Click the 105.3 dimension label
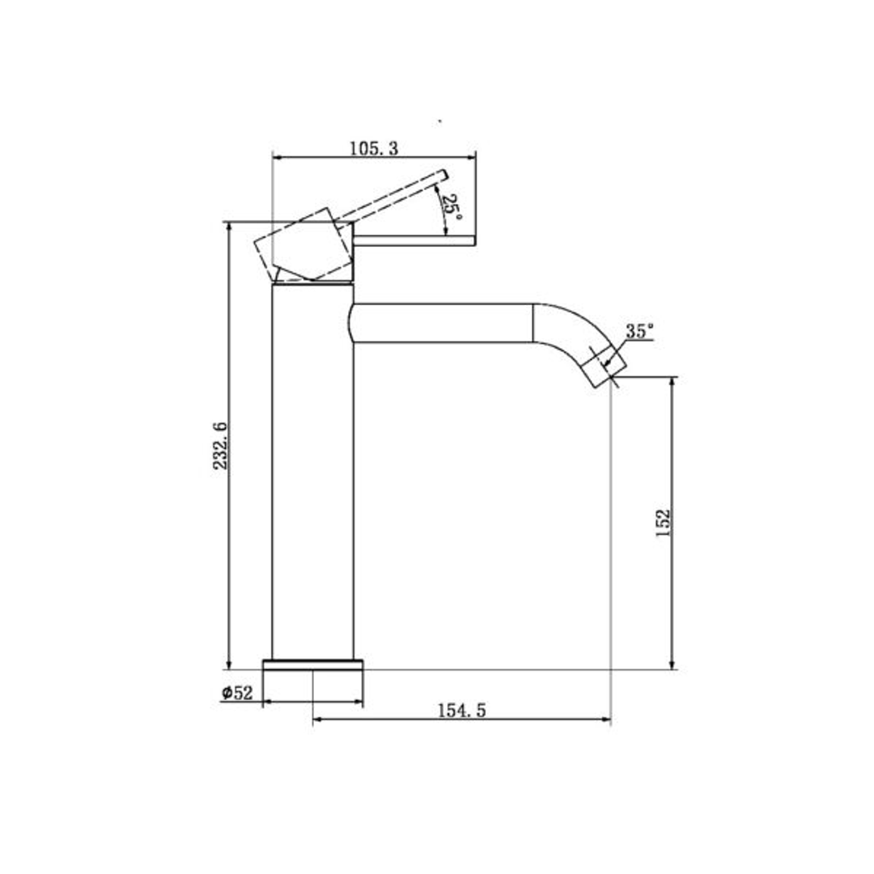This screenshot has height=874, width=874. pyautogui.click(x=374, y=148)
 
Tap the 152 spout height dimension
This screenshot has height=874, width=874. pyautogui.click(x=664, y=524)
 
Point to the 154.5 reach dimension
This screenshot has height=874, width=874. pyautogui.click(x=461, y=710)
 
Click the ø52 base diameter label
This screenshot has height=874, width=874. pyautogui.click(x=237, y=693)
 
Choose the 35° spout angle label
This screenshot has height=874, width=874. pyautogui.click(x=639, y=331)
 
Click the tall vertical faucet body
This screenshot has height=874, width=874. pyautogui.click(x=313, y=477)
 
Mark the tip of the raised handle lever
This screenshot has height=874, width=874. pyautogui.click(x=443, y=173)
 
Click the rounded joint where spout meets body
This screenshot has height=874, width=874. pyautogui.click(x=352, y=323)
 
